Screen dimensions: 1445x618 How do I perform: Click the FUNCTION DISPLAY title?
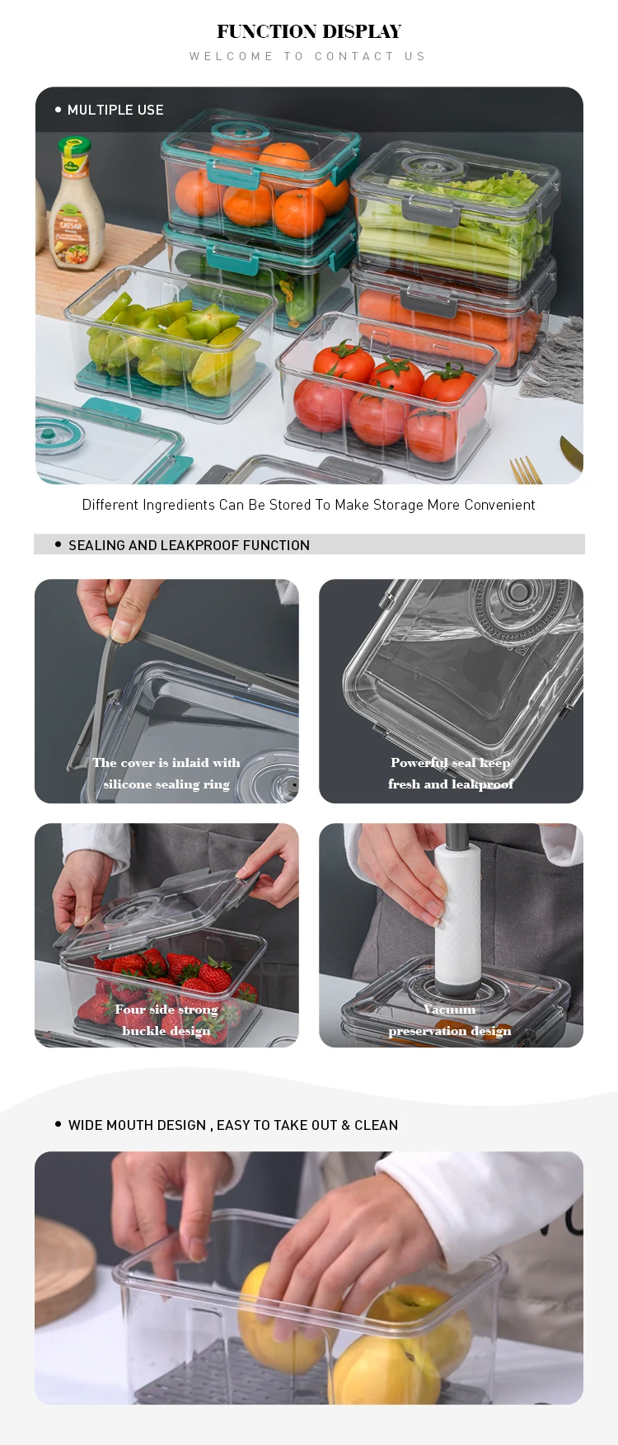309,31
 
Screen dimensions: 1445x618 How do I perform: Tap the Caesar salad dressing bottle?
77,206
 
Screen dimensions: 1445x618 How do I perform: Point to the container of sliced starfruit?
169,342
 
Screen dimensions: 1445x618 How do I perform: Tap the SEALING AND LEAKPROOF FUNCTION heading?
189,545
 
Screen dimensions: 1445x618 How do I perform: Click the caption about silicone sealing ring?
166,774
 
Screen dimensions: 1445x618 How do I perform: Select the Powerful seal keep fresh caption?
451,774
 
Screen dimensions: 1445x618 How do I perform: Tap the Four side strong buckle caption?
166,1020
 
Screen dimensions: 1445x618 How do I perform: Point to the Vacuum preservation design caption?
450,1020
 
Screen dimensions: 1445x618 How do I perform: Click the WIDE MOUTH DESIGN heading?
233,1125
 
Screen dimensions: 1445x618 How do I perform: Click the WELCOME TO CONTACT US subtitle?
308,56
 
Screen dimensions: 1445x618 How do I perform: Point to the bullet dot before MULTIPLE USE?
58,110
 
